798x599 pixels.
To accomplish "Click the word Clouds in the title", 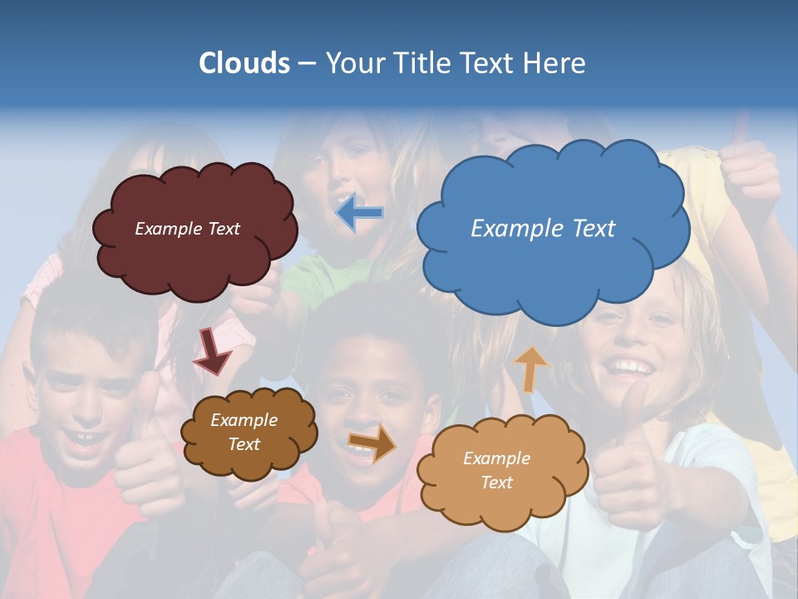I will (x=244, y=63).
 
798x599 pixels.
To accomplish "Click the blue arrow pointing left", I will (x=361, y=213).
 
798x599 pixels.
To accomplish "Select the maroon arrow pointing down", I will (x=212, y=352).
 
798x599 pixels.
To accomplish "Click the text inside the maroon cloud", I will (x=187, y=229).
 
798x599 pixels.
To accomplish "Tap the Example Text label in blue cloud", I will (x=543, y=229).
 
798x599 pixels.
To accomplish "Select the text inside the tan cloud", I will (x=496, y=470).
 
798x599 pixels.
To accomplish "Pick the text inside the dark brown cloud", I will (x=244, y=432).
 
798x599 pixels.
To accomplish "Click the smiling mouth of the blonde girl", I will (x=630, y=366).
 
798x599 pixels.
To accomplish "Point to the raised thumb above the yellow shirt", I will (x=739, y=133).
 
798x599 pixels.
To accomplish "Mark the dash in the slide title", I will (x=306, y=64).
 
